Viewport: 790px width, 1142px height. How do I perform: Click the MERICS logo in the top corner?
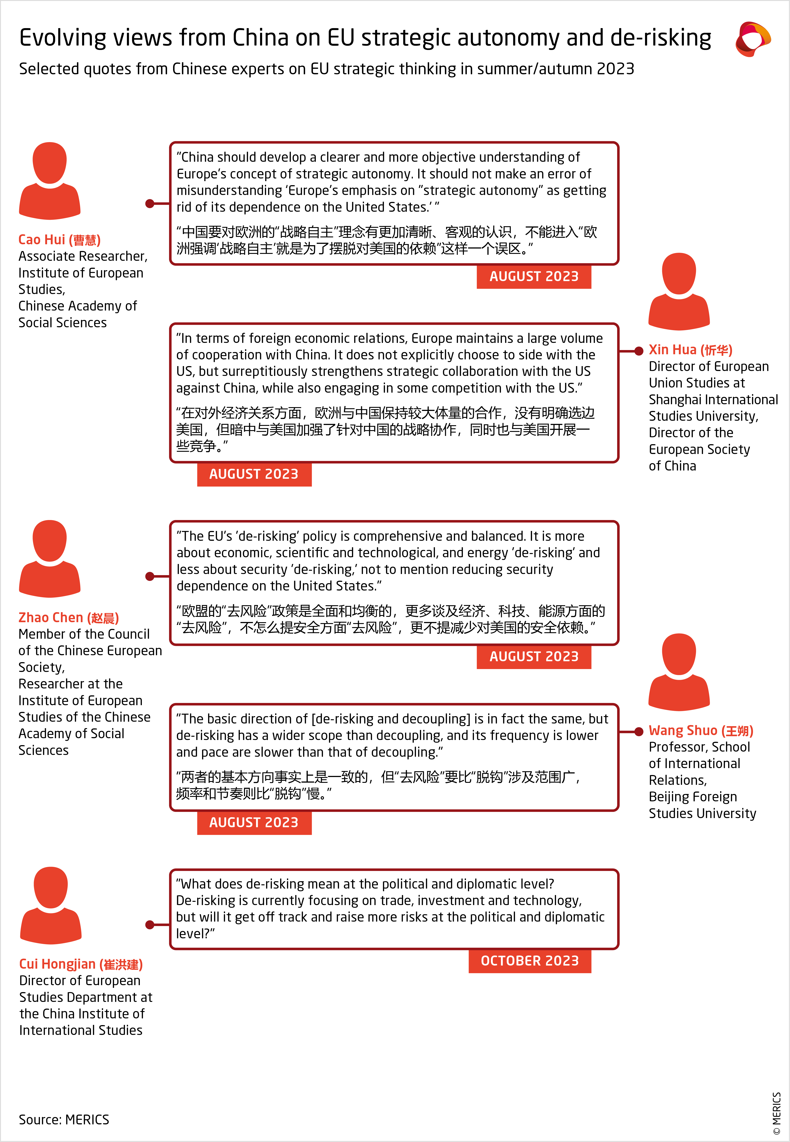click(752, 39)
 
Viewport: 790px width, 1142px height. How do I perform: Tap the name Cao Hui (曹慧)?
click(59, 240)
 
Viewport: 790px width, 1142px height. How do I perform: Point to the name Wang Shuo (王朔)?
click(700, 731)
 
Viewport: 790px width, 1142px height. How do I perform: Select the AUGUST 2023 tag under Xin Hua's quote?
click(254, 474)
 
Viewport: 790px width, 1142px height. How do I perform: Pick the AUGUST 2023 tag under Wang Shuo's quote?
click(254, 822)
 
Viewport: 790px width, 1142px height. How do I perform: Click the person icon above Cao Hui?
click(50, 181)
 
